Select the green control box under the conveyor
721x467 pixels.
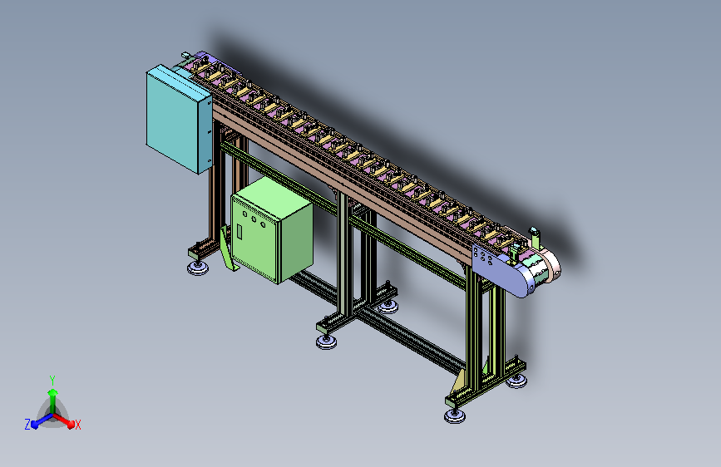click(x=271, y=230)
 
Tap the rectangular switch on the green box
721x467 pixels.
click(x=240, y=231)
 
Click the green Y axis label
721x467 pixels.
click(x=52, y=380)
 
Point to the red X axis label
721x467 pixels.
click(x=77, y=425)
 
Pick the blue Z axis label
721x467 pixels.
click(x=27, y=425)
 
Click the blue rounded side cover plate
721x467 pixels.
click(x=501, y=271)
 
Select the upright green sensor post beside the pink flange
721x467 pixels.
click(x=536, y=239)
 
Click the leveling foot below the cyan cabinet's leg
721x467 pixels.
click(x=198, y=268)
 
